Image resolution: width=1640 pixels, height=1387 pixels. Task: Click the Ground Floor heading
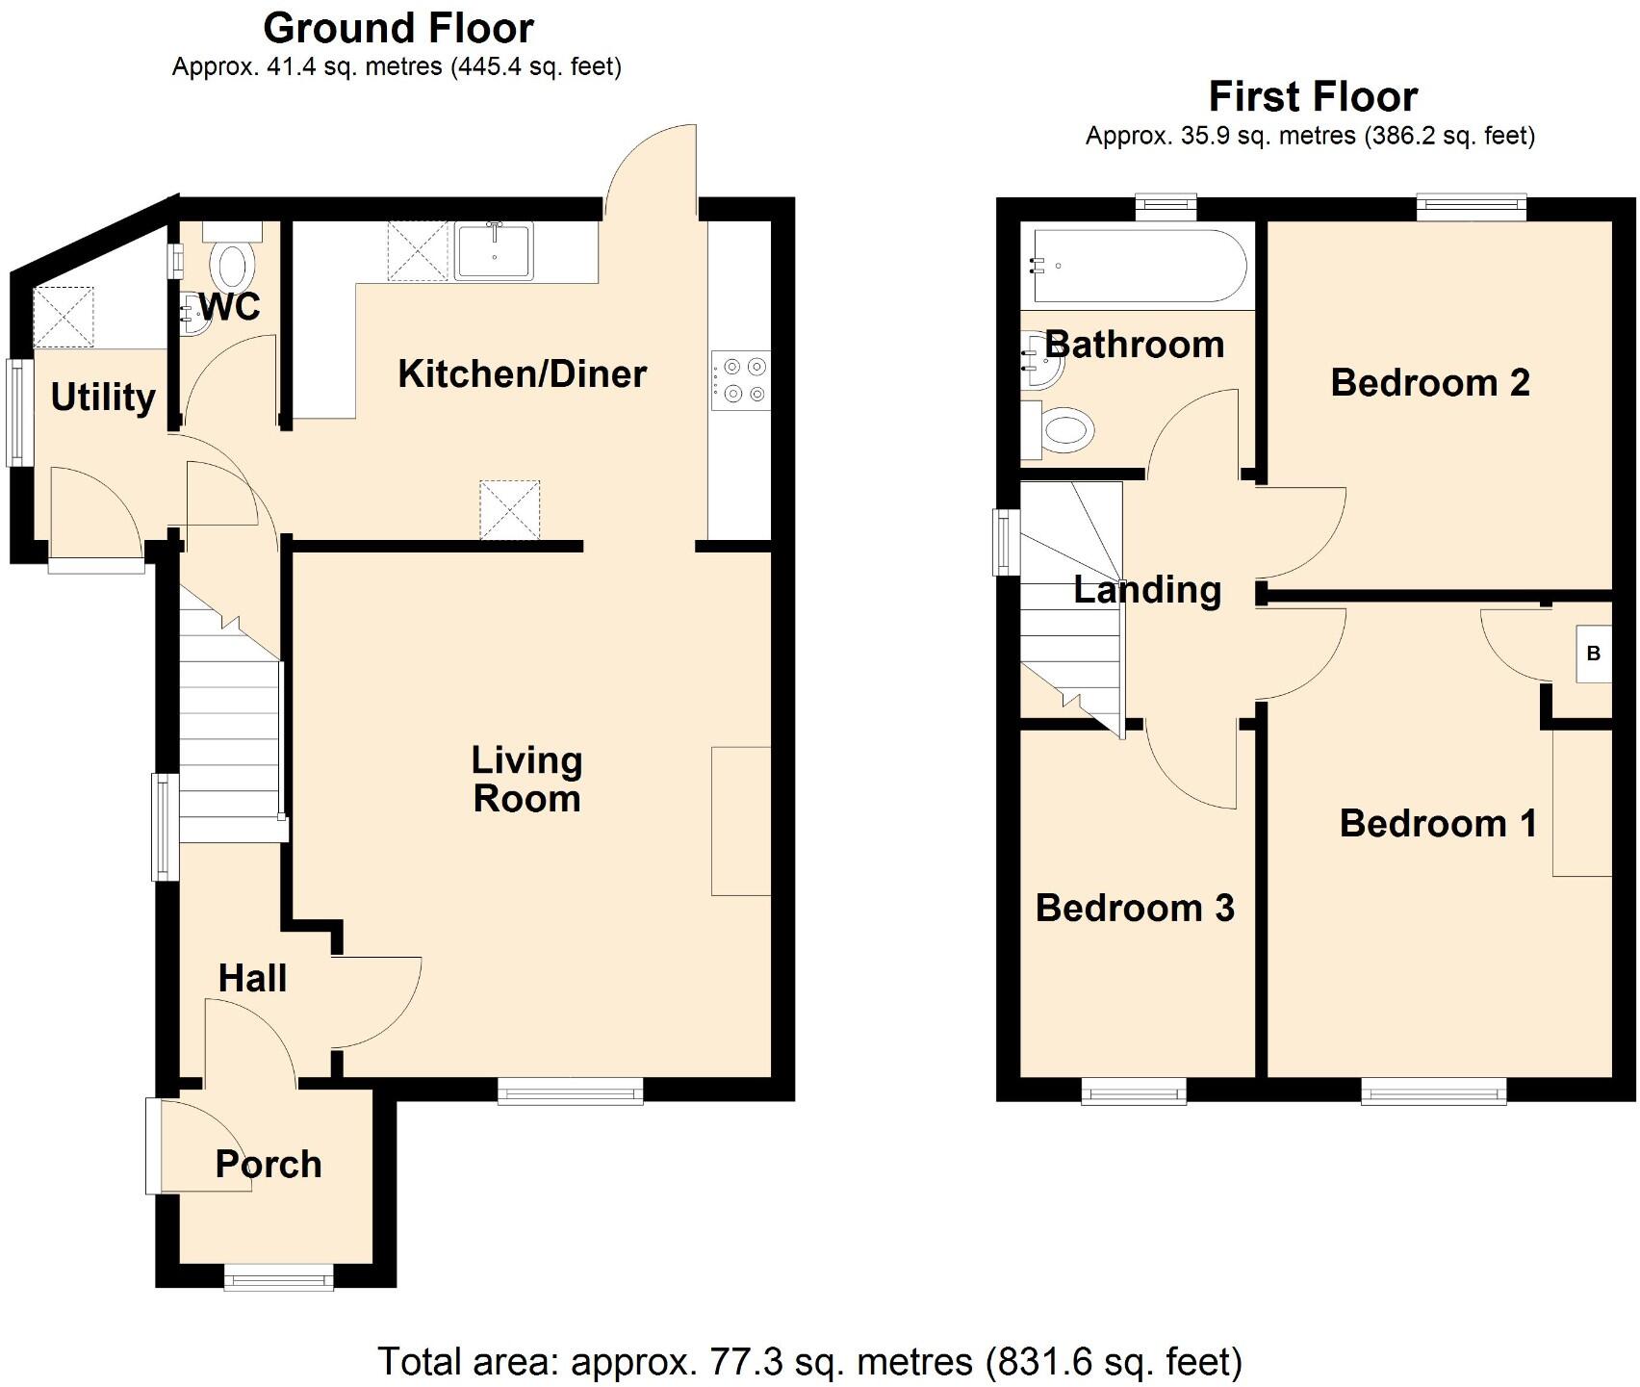[x=397, y=29]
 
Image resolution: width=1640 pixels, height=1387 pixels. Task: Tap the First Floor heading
[x=1312, y=97]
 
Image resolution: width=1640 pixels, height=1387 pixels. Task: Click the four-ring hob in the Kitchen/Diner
[x=741, y=380]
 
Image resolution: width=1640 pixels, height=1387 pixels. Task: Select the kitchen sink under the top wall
[x=494, y=251]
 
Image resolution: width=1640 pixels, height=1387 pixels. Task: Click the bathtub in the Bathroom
[x=1138, y=266]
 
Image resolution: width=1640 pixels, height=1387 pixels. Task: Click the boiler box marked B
[x=1593, y=655]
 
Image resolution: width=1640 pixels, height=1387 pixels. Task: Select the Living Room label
[x=526, y=780]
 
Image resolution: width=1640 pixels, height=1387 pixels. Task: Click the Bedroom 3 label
[x=1135, y=908]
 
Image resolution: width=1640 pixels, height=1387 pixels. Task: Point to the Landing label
[x=1147, y=589]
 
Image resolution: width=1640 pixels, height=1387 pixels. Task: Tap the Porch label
[x=268, y=1164]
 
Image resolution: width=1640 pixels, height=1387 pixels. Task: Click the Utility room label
[x=103, y=397]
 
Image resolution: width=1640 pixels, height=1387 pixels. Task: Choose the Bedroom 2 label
[x=1429, y=383]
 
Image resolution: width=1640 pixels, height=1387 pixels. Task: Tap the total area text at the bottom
[x=809, y=1361]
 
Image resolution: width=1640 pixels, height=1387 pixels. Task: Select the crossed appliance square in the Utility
[x=65, y=317]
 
